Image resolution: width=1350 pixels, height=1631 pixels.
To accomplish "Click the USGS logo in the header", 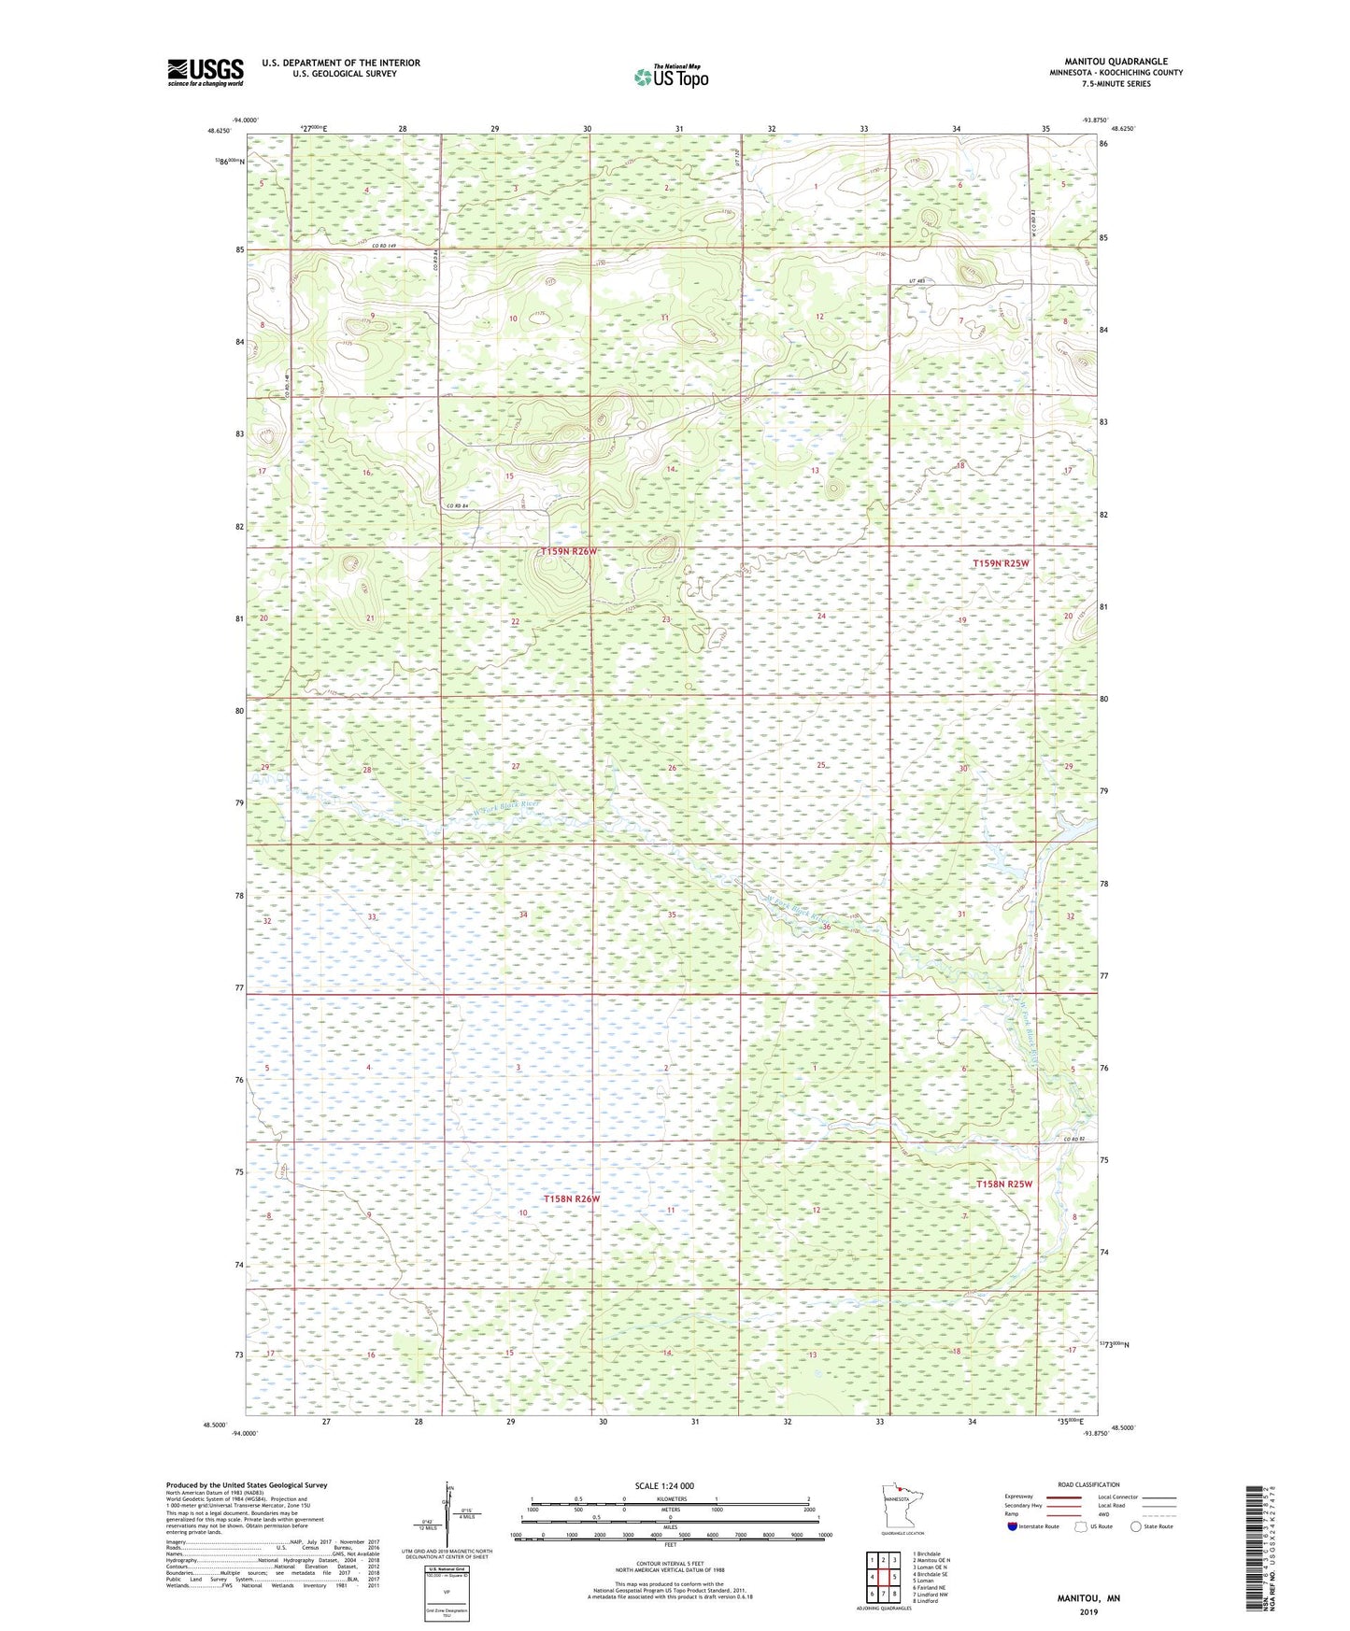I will point(206,72).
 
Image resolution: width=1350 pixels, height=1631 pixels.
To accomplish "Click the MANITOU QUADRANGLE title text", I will point(1116,62).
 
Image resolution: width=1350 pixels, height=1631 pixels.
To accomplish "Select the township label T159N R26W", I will point(568,552).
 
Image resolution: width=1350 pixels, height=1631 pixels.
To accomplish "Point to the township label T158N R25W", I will point(1004,1184).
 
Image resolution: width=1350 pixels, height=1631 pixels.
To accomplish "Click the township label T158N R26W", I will point(571,1198).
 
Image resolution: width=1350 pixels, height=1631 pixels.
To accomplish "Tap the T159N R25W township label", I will point(1001,563).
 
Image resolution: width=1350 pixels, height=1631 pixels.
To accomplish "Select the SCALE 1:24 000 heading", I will point(664,1485).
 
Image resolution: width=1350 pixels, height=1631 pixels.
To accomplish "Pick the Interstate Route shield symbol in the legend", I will point(1012,1526).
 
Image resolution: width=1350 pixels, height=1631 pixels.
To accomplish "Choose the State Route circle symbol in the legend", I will point(1136,1526).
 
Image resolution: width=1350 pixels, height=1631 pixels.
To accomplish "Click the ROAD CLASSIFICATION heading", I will point(1087,1484).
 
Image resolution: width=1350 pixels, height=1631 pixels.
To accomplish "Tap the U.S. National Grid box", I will point(446,1592).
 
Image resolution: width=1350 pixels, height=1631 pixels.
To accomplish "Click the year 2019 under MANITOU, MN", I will point(1088,1611).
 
